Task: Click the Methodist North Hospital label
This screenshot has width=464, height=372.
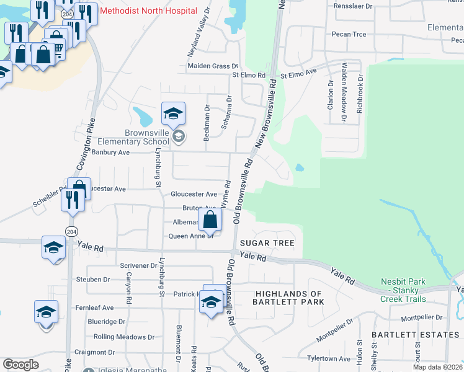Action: (148, 11)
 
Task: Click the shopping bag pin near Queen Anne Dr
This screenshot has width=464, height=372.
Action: (210, 219)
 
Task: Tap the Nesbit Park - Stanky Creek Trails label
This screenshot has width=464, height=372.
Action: (403, 290)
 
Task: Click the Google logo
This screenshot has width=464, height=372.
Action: (20, 365)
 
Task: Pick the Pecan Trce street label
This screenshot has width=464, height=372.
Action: (349, 33)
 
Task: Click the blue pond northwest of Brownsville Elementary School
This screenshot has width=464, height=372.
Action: (142, 115)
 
